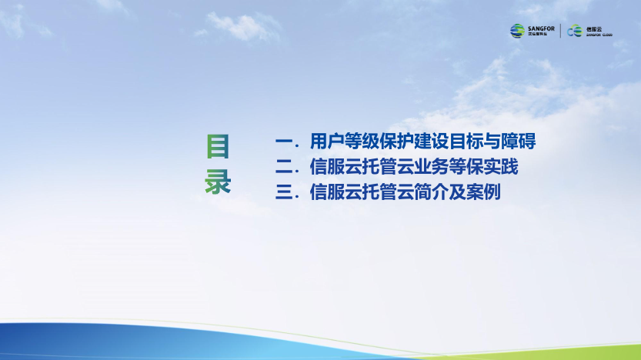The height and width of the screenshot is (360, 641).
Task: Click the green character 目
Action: [x=218, y=146]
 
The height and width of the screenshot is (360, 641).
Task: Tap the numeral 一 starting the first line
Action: [x=284, y=142]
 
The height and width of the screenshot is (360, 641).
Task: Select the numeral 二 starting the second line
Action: [x=284, y=167]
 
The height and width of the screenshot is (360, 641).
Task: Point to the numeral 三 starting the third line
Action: [x=284, y=192]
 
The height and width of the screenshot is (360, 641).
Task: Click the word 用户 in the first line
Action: [x=327, y=142]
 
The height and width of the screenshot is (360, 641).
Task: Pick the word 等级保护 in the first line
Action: [x=379, y=142]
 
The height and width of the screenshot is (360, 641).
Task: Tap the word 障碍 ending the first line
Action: [x=519, y=142]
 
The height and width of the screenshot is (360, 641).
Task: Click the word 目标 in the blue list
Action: [x=466, y=142]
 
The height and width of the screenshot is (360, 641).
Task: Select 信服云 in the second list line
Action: [x=336, y=167]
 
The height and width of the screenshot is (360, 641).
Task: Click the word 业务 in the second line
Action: [x=431, y=167]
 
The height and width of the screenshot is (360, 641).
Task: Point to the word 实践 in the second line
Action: [x=501, y=167]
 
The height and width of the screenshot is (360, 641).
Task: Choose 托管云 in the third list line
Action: [x=388, y=192]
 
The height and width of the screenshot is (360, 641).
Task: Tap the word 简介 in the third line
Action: [x=431, y=192]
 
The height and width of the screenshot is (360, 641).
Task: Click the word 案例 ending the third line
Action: [x=483, y=192]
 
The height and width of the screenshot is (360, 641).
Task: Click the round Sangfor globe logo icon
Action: [x=517, y=31]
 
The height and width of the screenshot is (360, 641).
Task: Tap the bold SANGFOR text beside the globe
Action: [x=541, y=28]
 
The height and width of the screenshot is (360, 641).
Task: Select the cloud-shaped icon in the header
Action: [x=574, y=31]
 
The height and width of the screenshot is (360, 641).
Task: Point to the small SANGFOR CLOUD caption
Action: [x=599, y=35]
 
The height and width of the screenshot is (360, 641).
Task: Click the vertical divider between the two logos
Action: [x=560, y=31]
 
